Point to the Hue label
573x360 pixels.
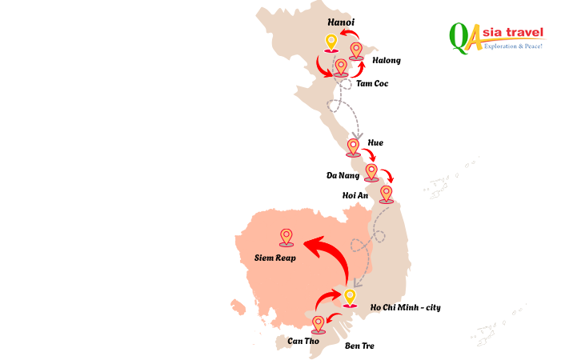coord(375,142)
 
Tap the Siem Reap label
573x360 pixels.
coord(275,258)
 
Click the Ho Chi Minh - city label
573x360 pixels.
coord(405,307)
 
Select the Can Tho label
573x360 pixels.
coord(304,341)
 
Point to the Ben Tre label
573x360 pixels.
coord(359,346)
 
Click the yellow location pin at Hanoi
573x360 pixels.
coord(331,42)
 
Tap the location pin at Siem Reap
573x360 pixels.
coord(286,236)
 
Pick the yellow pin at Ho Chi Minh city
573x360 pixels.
coord(349,298)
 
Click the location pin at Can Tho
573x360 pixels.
coord(319,323)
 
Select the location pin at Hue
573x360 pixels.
coord(353,146)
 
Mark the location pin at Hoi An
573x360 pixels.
coord(387,194)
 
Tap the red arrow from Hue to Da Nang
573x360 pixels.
coord(371,151)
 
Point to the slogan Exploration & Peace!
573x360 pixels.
coord(514,46)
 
